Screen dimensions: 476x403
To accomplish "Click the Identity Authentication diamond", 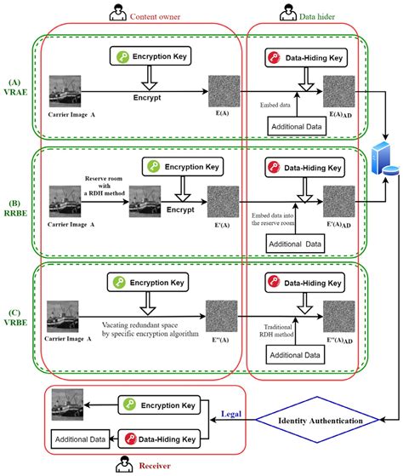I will tap(318, 420).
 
